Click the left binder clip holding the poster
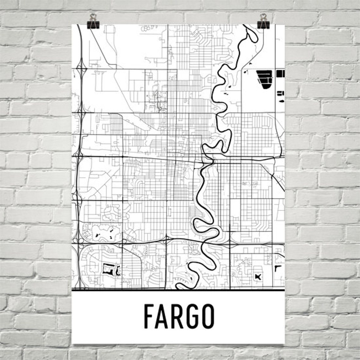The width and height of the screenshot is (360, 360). click(x=93, y=21)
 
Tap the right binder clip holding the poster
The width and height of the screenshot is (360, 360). click(x=263, y=21)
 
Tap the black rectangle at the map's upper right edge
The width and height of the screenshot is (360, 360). click(x=280, y=73)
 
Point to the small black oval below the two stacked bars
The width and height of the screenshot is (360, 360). click(x=280, y=101)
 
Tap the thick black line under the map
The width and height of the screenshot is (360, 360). click(x=178, y=290)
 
